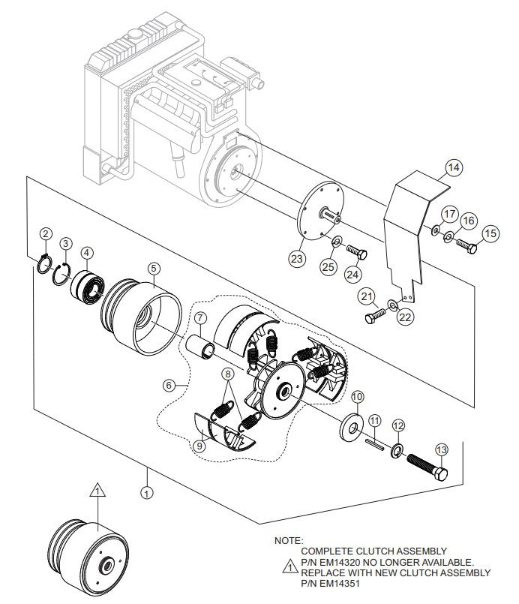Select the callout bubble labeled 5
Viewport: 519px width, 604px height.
tap(153, 267)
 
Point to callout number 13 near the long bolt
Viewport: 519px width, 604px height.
tap(440, 449)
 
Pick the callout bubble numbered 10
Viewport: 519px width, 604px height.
tap(357, 396)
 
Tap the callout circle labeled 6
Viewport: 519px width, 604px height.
tap(169, 385)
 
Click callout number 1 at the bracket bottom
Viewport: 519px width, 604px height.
tap(147, 494)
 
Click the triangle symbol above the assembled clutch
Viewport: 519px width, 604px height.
tap(95, 491)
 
